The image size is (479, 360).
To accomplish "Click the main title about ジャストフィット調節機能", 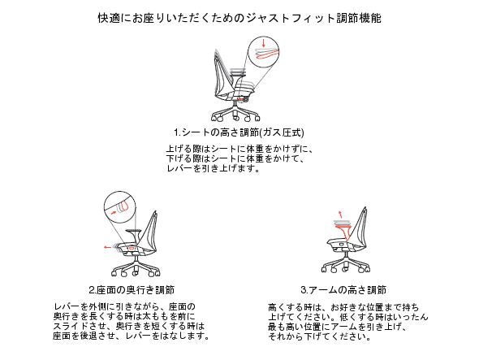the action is (x=239, y=18).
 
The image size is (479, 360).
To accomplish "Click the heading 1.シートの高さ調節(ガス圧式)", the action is (x=239, y=132).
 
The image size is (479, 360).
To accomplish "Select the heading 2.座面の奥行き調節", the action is (x=132, y=289).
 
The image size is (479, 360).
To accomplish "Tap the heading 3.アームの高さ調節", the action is (x=343, y=289).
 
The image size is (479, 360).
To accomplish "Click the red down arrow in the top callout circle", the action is (x=264, y=42).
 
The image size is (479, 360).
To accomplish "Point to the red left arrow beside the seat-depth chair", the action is (x=108, y=247).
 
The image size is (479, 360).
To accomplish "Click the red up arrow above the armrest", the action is (x=341, y=214).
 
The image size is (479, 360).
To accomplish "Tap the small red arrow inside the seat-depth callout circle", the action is (x=114, y=212).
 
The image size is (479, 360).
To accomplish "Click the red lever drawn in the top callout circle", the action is (x=267, y=54).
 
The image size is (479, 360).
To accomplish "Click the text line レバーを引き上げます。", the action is (x=214, y=168).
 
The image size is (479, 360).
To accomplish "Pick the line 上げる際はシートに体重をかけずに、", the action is (x=239, y=149).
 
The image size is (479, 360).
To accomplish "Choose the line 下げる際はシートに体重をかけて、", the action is (x=235, y=158).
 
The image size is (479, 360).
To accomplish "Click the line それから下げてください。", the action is (x=320, y=336).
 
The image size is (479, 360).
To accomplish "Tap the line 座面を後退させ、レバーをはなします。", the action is (x=132, y=336).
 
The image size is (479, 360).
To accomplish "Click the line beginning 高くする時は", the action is (x=343, y=307).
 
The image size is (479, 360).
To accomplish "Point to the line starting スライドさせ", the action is (x=129, y=326).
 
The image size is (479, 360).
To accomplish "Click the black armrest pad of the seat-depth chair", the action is (x=132, y=231).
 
